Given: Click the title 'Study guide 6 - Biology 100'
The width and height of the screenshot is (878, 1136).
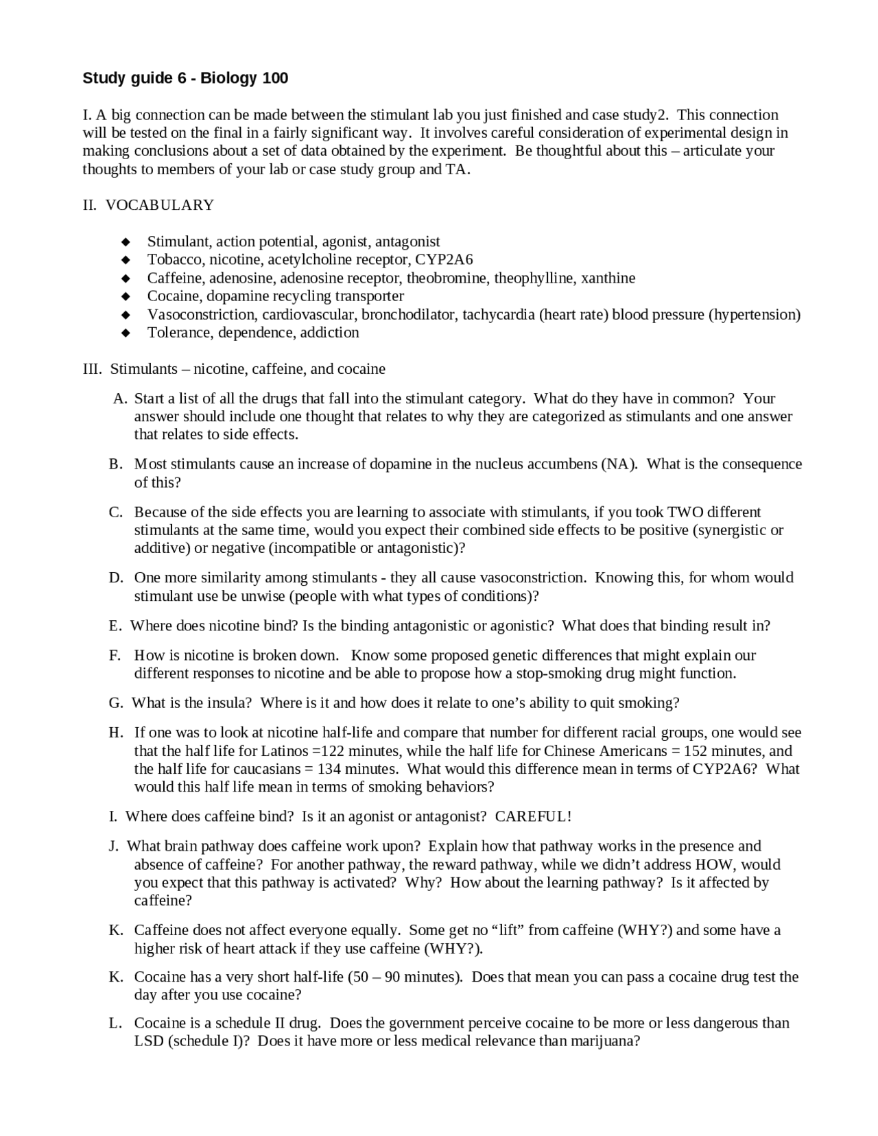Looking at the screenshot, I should pyautogui.click(x=185, y=78).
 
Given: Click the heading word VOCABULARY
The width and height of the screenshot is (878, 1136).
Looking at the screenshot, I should pyautogui.click(x=160, y=205).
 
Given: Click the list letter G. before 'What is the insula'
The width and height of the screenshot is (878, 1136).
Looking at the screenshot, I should pyautogui.click(x=116, y=703).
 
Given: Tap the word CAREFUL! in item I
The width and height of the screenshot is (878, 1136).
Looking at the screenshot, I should pyautogui.click(x=533, y=816).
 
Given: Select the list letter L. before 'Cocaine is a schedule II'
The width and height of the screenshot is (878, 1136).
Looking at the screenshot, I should pyautogui.click(x=115, y=1023).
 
